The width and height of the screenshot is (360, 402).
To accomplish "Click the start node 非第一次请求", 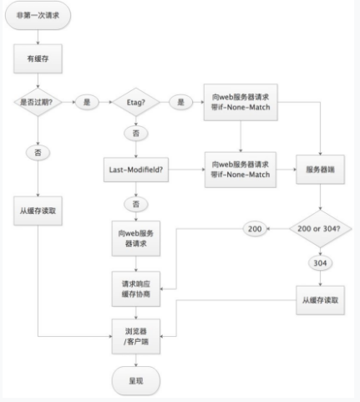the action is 38,15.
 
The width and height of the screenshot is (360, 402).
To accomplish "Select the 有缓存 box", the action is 38,59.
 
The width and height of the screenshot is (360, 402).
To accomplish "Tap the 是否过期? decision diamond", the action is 38,102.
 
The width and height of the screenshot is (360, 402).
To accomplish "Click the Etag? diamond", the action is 136,102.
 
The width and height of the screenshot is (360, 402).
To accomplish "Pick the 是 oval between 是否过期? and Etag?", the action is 87,102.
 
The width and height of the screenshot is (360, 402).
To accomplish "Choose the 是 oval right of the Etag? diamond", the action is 181,102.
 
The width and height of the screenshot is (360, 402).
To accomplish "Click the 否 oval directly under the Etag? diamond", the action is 136,134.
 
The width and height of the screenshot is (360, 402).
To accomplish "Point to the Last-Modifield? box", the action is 136,170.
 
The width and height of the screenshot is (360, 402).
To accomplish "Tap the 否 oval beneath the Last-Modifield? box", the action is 136,204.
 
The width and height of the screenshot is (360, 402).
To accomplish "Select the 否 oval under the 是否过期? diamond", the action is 38,153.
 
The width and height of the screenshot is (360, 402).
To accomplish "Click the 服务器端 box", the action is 320,170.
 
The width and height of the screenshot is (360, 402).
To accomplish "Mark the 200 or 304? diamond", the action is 320,229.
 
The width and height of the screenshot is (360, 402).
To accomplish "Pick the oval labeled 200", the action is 255,229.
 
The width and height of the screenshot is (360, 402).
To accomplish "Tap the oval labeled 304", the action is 320,263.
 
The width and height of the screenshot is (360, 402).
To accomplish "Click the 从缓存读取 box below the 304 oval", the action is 320,300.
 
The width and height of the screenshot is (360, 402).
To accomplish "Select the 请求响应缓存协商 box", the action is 136,289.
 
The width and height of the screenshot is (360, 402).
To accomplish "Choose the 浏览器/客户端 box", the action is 136,337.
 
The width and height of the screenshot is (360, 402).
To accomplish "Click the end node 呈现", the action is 136,381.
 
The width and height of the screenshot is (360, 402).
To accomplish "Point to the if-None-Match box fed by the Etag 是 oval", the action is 241,102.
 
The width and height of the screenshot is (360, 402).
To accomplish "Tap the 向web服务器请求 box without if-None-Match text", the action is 136,238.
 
